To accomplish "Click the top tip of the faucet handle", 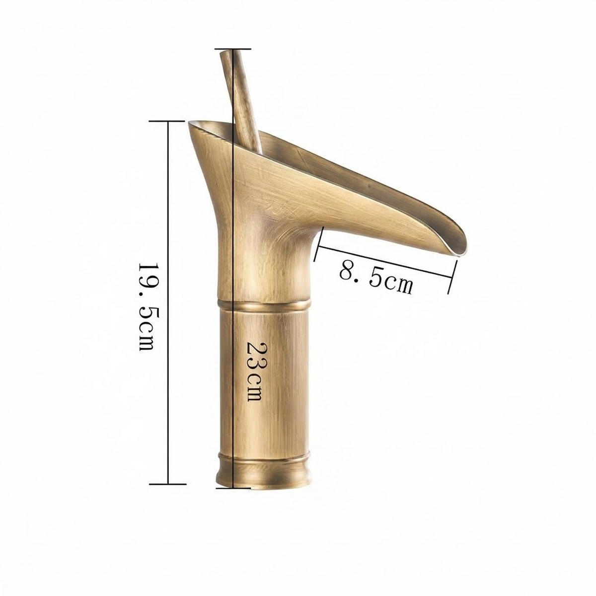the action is pos(225,53).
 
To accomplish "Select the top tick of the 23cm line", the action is pos(232,49).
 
